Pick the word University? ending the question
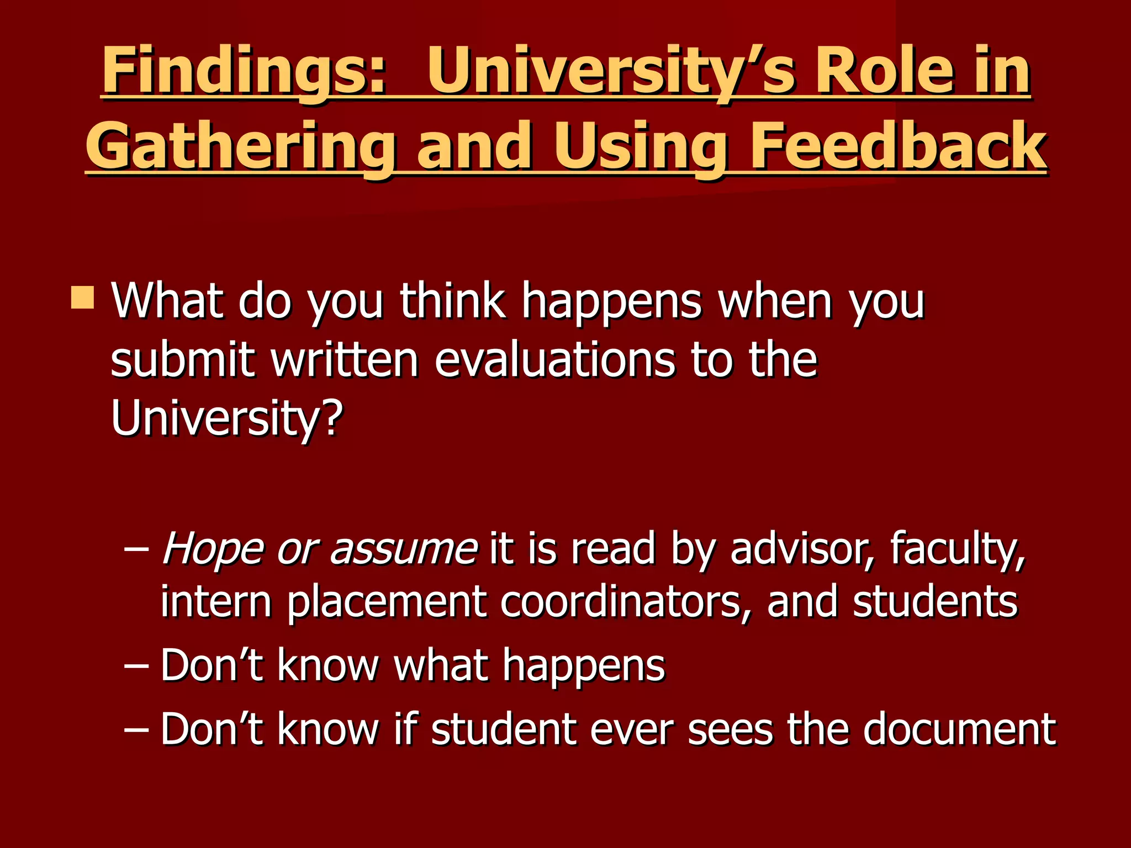pos(226,418)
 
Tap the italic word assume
pos(403,549)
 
